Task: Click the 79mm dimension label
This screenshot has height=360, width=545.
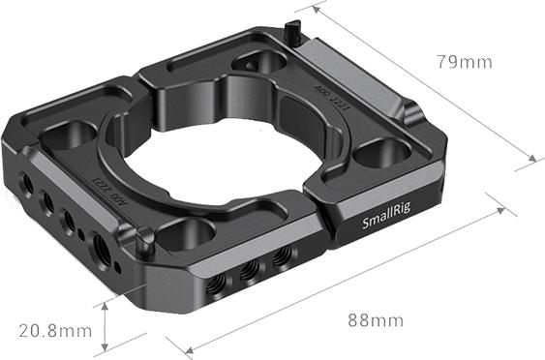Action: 464,62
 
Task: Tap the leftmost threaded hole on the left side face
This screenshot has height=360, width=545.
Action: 22,181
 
